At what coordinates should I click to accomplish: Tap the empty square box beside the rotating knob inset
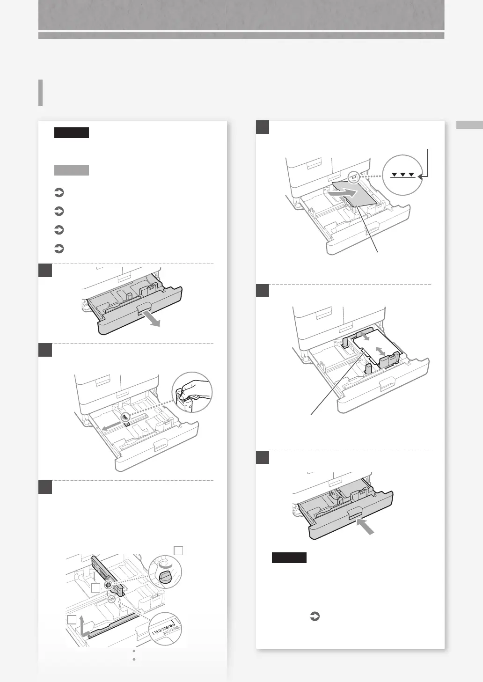tap(178, 550)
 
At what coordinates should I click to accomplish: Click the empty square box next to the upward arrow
tap(72, 620)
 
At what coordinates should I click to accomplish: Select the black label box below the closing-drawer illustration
tap(289, 557)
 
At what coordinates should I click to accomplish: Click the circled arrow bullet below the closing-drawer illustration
tap(315, 617)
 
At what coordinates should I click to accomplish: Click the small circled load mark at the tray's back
tap(353, 177)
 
